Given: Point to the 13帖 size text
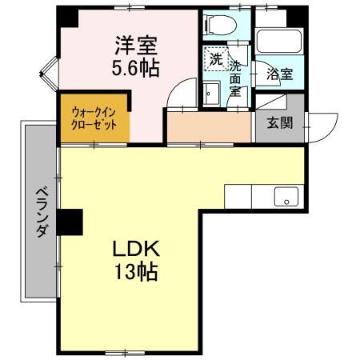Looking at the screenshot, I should [x=134, y=271].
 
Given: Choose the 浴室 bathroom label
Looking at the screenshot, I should [x=279, y=74].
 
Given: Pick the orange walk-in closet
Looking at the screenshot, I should [x=89, y=120].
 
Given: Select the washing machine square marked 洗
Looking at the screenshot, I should [x=214, y=58].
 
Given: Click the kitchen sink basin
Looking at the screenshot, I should [x=285, y=196].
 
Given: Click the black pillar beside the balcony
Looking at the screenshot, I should [x=70, y=222].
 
